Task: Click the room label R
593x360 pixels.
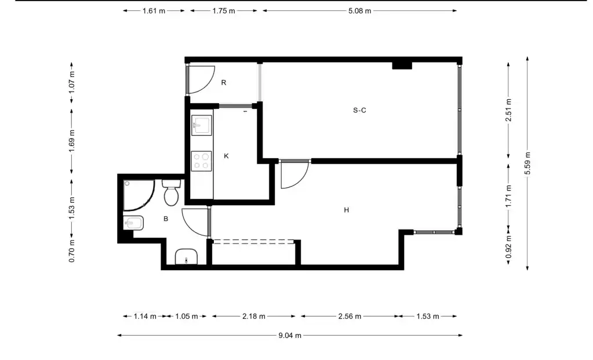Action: [224, 82]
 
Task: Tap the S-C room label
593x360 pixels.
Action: [359, 110]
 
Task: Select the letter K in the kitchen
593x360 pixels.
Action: [226, 156]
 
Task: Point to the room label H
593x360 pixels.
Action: [347, 210]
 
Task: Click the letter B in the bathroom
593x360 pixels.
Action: [166, 219]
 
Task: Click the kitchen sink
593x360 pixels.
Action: [201, 125]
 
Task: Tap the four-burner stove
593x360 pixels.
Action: [201, 161]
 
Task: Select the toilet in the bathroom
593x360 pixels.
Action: [172, 192]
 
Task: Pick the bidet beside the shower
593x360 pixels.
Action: [133, 223]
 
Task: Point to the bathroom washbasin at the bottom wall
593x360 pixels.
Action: [186, 257]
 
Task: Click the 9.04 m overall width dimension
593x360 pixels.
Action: [290, 336]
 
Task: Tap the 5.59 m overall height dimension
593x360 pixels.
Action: [527, 163]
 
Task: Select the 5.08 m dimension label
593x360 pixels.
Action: [359, 11]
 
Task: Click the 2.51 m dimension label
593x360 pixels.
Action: [509, 110]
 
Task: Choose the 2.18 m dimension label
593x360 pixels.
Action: [254, 316]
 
